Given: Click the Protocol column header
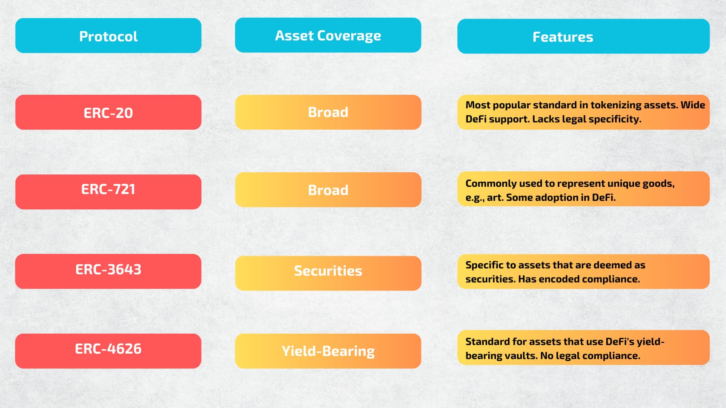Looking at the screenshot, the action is coord(108,36).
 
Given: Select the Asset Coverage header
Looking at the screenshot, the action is coord(328,35).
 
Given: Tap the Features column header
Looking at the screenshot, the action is coord(584,36).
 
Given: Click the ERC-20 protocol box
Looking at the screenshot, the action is coord(108,112).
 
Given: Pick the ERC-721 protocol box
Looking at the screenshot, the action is coord(108,192).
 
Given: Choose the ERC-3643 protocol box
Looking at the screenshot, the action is coord(108,272).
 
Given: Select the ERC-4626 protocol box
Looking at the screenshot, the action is coord(108,351).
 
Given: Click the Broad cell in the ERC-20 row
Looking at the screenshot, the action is coord(328,112).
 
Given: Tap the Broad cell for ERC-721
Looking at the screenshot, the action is coord(328,190).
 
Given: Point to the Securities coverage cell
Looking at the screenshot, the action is coord(328,273).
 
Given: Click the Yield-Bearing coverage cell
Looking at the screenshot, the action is coord(328,351).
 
